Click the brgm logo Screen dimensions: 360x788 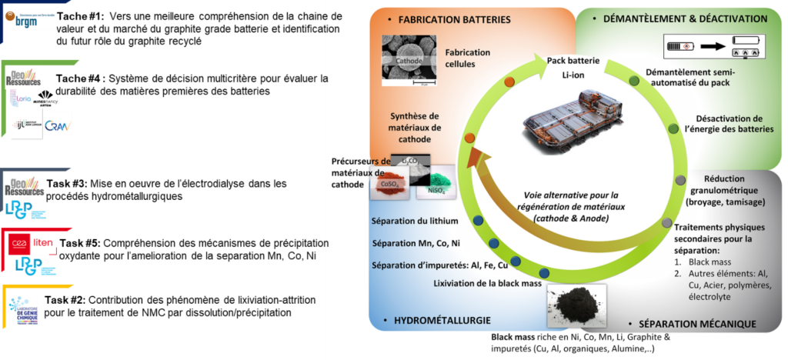click(x=30, y=19)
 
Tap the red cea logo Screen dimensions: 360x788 click(x=19, y=244)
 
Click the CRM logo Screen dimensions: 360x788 click(x=58, y=125)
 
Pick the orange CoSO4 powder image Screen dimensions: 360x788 click(x=389, y=184)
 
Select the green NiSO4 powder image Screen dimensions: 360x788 click(x=432, y=185)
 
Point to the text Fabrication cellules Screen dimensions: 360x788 click(x=468, y=58)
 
